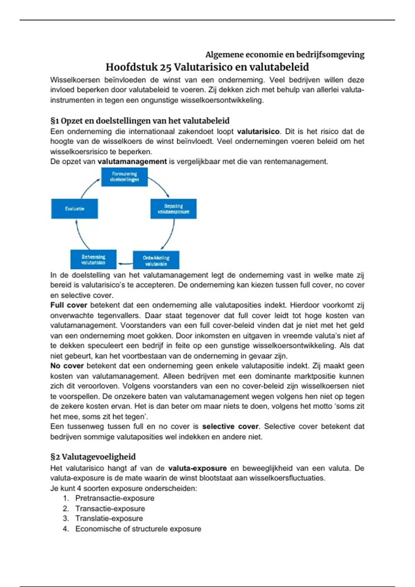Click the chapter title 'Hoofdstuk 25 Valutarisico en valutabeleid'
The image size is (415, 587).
[x=207, y=67]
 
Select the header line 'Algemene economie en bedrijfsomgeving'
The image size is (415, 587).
[x=285, y=55]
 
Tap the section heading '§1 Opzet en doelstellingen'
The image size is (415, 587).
[x=140, y=121]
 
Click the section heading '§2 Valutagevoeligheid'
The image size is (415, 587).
[x=93, y=457]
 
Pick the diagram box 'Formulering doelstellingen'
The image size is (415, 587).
[x=124, y=177]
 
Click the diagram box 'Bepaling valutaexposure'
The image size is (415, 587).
[x=173, y=209]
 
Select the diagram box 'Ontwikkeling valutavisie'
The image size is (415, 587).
[x=156, y=260]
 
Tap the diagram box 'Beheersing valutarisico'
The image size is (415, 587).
[x=93, y=259]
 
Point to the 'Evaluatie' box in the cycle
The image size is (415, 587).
[x=74, y=209]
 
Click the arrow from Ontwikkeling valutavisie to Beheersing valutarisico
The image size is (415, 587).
[x=125, y=264]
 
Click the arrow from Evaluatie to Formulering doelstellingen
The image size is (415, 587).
[x=89, y=188]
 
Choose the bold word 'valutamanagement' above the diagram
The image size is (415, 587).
[x=132, y=162]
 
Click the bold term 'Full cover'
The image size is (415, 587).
[x=68, y=305]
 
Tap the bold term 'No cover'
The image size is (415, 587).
[x=67, y=366]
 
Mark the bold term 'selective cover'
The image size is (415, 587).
[x=230, y=426]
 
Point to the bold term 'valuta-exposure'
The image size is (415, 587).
[x=197, y=468]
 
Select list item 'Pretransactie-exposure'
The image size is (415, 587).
[x=115, y=498]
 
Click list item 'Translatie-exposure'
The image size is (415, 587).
[x=109, y=519]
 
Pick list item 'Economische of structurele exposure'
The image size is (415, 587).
[x=138, y=529]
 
